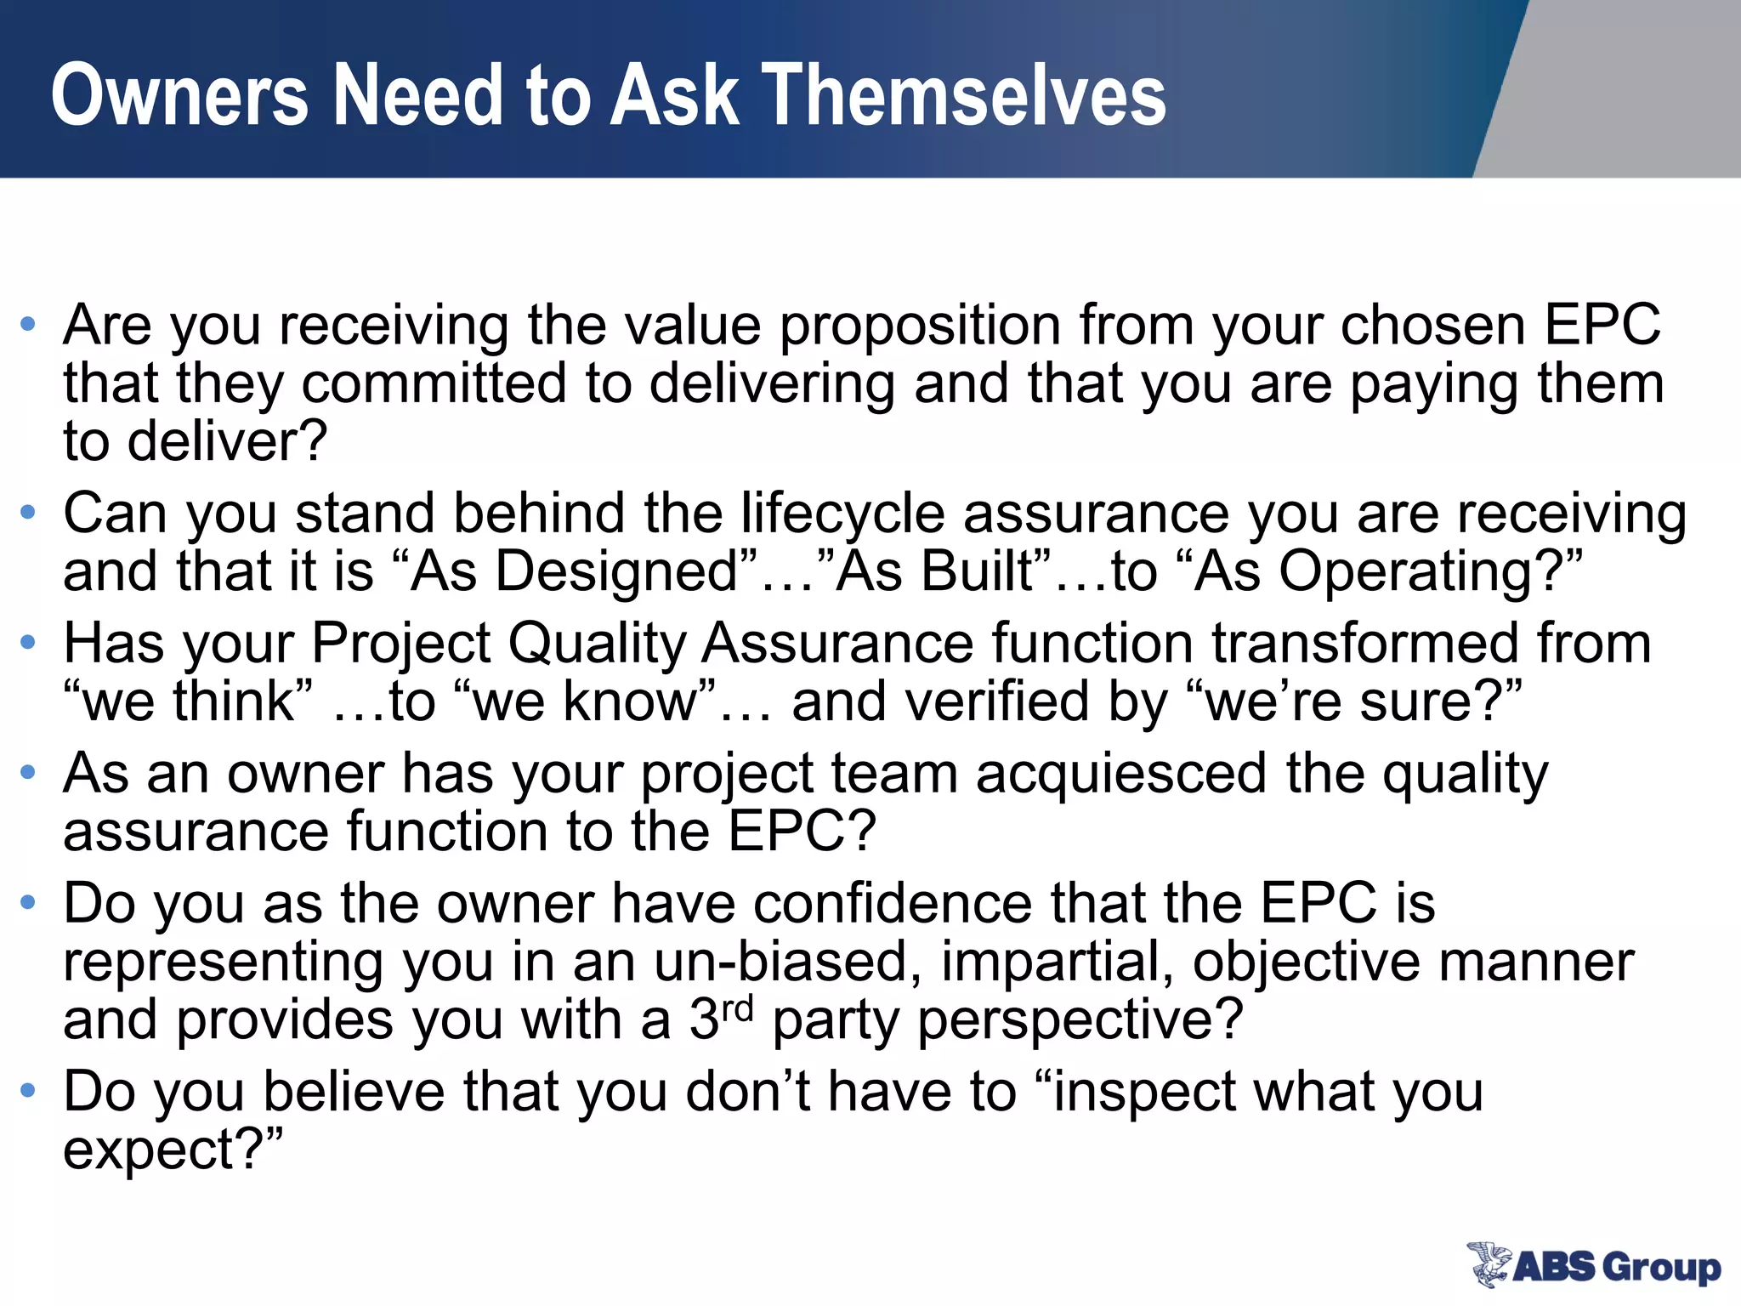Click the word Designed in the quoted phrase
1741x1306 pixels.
pyautogui.click(x=616, y=571)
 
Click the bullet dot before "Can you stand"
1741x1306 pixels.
pyautogui.click(x=29, y=513)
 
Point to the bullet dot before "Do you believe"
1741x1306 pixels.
pyautogui.click(x=29, y=1090)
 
